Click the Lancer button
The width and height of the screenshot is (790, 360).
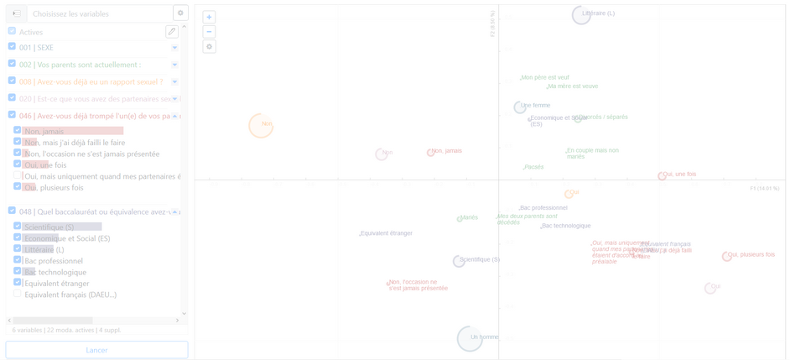point(96,349)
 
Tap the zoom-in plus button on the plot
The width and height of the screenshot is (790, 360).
point(210,17)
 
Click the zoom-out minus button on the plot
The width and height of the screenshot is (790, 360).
point(210,32)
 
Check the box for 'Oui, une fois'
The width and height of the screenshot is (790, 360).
point(18,164)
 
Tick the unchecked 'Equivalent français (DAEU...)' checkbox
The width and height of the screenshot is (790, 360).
point(18,294)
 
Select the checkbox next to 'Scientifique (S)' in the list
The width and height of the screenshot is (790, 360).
point(18,227)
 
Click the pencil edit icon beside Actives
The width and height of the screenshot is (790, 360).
point(172,32)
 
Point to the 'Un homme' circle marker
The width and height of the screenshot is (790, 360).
point(470,338)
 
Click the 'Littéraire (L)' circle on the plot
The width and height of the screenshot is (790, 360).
point(582,14)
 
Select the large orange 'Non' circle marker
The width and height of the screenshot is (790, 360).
point(261,125)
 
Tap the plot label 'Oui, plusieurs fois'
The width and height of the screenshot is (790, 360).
point(751,254)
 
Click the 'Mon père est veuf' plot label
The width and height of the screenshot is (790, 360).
point(545,77)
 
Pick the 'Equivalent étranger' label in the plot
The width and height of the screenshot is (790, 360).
point(387,233)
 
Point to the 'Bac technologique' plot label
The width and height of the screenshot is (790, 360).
point(566,226)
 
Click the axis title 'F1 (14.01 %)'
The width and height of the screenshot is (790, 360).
point(764,189)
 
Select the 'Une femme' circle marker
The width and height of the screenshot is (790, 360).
point(520,107)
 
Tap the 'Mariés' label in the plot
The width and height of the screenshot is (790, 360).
point(469,217)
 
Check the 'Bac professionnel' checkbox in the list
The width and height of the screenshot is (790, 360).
point(18,260)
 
